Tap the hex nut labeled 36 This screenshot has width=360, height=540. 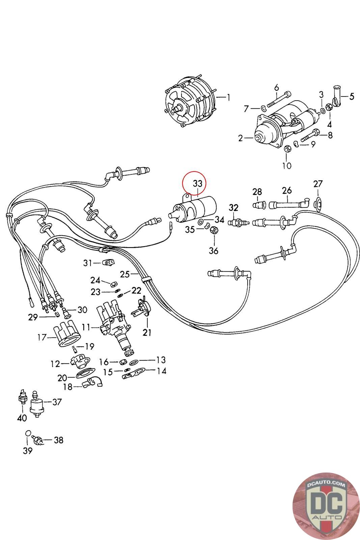[213, 231]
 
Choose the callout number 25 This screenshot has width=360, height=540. [125, 274]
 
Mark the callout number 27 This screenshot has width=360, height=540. [318, 184]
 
